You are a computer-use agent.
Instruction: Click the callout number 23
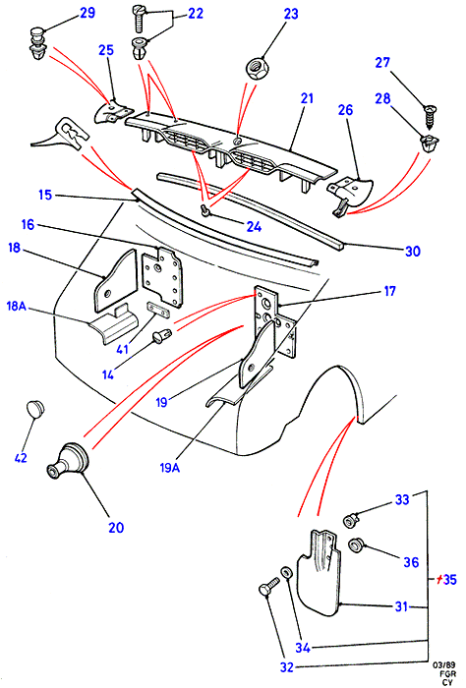[x=291, y=14]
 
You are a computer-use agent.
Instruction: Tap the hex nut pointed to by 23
[x=254, y=69]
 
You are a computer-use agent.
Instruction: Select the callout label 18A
[x=17, y=306]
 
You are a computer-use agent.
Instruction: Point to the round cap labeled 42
[x=35, y=408]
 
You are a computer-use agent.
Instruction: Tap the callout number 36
[x=411, y=562]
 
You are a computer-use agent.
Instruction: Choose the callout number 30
[x=413, y=251]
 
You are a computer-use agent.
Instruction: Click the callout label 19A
[x=170, y=468]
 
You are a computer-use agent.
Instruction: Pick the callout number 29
[x=87, y=13]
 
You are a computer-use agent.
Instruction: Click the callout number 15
[x=45, y=195]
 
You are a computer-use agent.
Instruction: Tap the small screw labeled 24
[x=204, y=210]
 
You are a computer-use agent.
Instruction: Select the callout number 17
[x=389, y=291]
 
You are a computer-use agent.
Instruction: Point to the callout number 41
[x=123, y=350]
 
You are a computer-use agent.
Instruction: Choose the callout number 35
[x=449, y=580]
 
